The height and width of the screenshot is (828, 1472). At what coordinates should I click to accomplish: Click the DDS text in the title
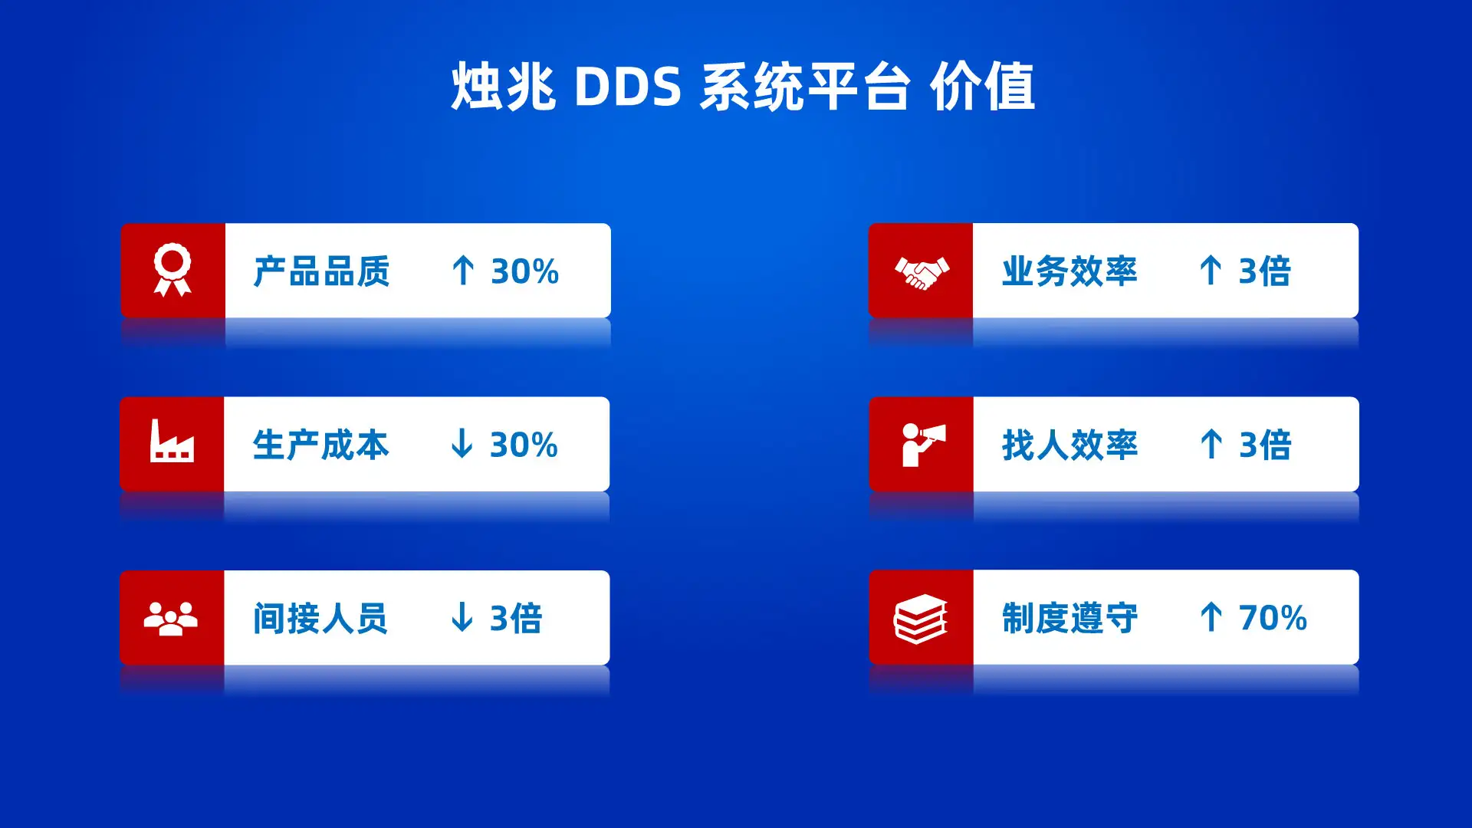(627, 86)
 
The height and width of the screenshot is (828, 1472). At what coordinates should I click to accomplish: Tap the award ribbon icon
(172, 270)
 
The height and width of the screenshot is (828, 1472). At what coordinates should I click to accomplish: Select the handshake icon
(922, 273)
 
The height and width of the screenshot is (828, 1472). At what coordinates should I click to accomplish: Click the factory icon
(172, 441)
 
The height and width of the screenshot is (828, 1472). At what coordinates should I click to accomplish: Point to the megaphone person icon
(923, 445)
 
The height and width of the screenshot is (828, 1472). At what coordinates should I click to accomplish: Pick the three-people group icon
(171, 619)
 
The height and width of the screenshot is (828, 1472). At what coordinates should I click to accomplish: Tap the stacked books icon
(921, 619)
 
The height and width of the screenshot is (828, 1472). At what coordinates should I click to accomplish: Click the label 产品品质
(321, 271)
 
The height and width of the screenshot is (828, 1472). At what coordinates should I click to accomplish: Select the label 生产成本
(320, 445)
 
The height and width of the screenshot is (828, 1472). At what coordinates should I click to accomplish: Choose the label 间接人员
(320, 619)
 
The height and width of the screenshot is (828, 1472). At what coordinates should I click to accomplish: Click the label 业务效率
(1069, 271)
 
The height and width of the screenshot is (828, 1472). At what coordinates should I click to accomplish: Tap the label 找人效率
(1069, 445)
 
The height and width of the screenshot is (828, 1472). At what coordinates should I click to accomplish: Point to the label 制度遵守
(1069, 618)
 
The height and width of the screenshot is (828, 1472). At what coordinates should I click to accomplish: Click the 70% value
(1273, 618)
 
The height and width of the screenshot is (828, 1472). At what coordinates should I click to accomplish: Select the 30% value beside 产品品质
(524, 271)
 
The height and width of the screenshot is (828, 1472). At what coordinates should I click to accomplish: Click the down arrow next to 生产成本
(462, 443)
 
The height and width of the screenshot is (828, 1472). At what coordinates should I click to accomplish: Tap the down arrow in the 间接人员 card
(462, 616)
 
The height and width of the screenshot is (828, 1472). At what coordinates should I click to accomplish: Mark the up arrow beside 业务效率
(1211, 270)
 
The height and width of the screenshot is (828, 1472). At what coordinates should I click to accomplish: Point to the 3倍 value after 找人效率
(1265, 445)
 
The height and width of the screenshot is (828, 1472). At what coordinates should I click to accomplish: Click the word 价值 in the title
(982, 86)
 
